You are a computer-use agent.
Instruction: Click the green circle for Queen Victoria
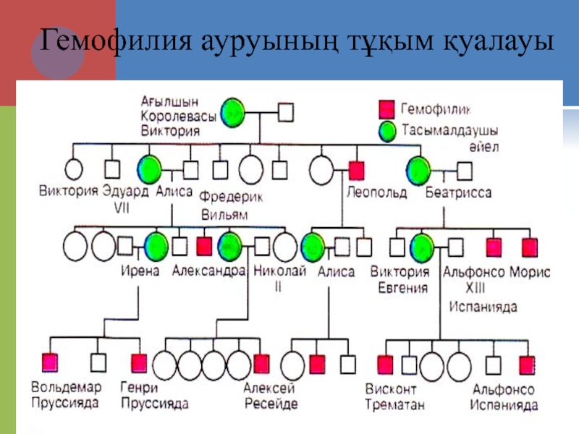point(233,112)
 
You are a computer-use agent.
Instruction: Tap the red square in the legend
point(386,110)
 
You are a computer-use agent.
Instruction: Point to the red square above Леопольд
point(357,170)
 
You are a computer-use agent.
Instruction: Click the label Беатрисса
point(459,193)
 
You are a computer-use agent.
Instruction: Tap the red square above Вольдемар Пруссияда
point(51,362)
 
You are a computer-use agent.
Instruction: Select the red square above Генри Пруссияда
point(138,362)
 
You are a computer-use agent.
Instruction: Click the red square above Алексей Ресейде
point(261,362)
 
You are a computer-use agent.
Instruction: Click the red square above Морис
point(531,247)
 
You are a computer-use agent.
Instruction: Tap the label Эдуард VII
point(126,199)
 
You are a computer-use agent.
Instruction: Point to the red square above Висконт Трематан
point(386,364)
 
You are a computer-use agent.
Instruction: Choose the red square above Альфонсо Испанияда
point(526,365)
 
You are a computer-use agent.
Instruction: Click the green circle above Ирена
point(155,247)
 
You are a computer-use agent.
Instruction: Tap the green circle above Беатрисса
point(418,171)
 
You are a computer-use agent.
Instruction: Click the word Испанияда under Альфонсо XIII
point(483,307)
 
